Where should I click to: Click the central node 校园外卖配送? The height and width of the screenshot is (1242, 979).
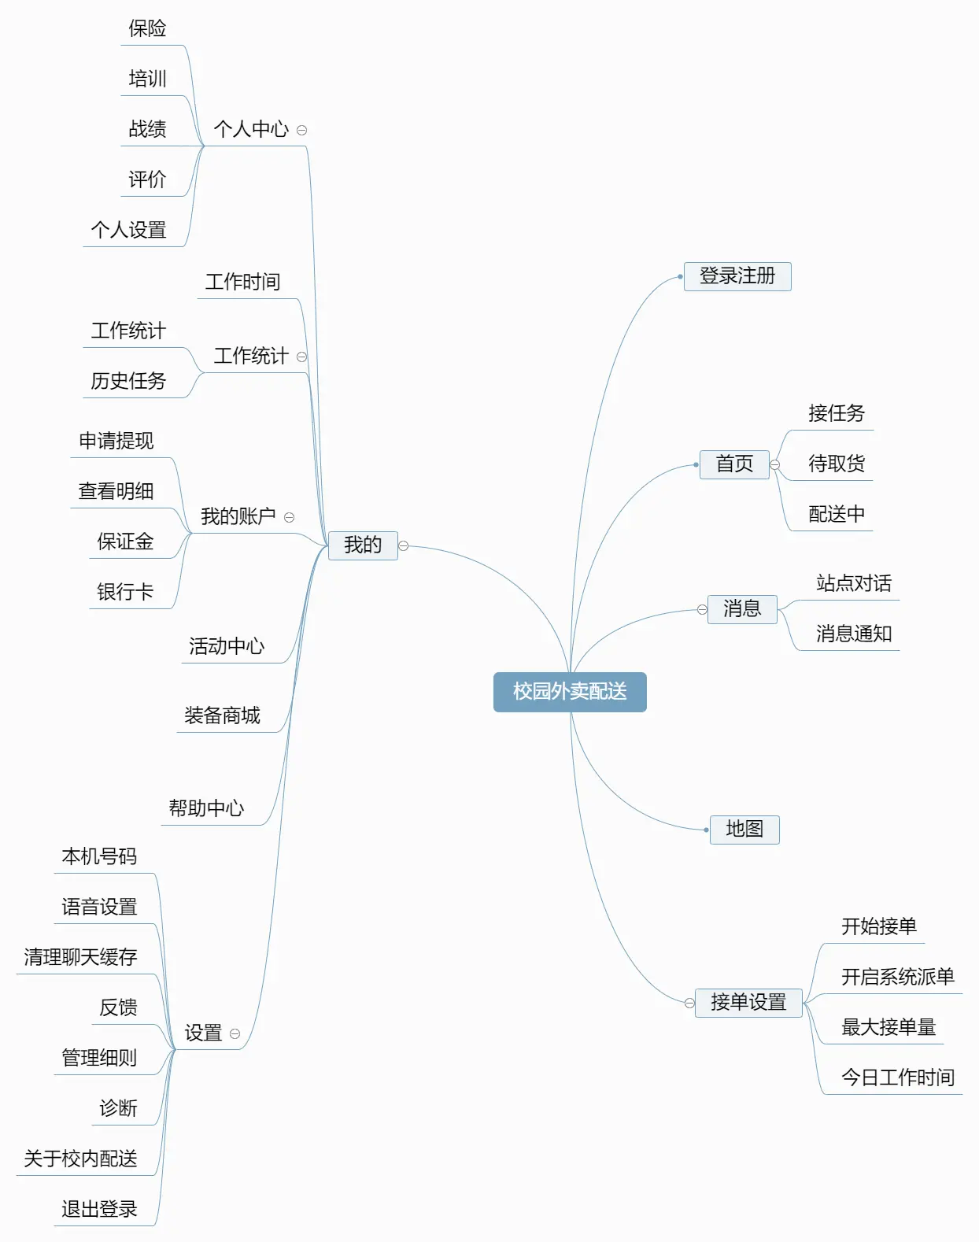(570, 692)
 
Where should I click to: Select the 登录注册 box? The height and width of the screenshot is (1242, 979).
(737, 276)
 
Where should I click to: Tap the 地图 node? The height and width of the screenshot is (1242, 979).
(744, 830)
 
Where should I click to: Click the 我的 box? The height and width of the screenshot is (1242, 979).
(363, 545)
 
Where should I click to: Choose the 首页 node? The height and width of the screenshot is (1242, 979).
(734, 464)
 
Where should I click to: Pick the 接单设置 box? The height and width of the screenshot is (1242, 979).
(748, 1003)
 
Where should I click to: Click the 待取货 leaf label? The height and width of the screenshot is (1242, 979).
(837, 464)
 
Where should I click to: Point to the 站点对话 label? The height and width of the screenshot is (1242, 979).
(854, 584)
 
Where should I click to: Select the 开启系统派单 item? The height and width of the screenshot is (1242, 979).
(898, 978)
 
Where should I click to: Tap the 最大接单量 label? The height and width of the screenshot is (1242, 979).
(888, 1028)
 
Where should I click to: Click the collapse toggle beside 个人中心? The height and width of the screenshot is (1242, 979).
(301, 131)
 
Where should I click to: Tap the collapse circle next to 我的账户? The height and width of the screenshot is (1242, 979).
(289, 518)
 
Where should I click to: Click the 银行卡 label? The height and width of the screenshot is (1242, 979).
(125, 592)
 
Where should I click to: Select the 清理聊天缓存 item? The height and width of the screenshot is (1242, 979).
(80, 958)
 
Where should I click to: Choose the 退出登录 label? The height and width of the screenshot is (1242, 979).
(99, 1210)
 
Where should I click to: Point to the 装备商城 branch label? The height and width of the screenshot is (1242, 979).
(222, 716)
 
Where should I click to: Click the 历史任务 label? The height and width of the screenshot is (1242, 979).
(128, 382)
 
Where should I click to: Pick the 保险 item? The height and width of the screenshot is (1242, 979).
(147, 29)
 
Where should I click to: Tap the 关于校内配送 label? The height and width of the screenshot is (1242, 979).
(80, 1159)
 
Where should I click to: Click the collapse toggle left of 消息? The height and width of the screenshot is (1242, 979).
(702, 610)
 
